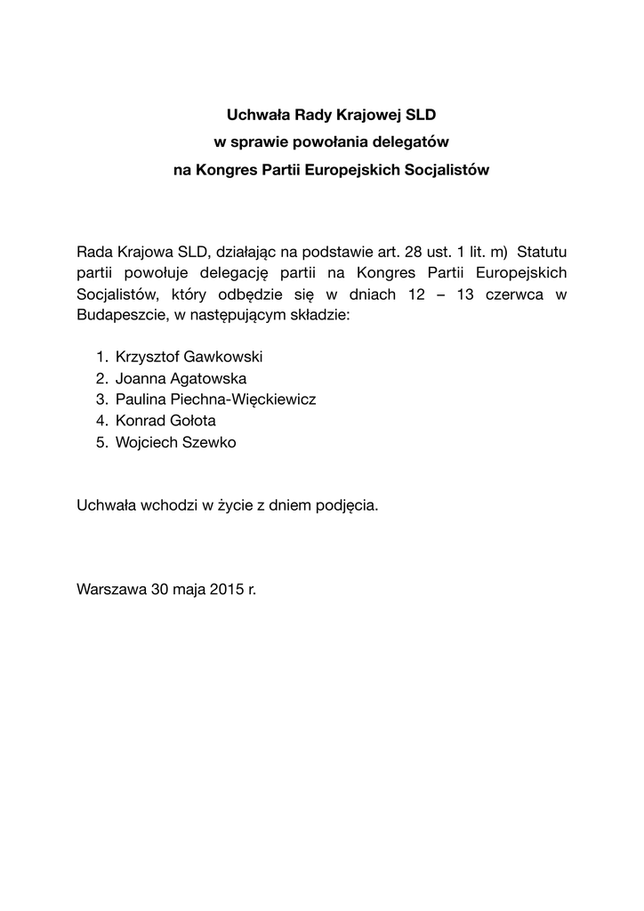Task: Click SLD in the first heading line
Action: pos(422,115)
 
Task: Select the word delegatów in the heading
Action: pos(415,141)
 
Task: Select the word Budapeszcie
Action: pos(117,316)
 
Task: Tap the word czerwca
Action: pos(513,294)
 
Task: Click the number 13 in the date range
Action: pos(463,294)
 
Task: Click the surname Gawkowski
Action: pos(220,357)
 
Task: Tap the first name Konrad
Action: pos(140,421)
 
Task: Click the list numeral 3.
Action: pos(101,399)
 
